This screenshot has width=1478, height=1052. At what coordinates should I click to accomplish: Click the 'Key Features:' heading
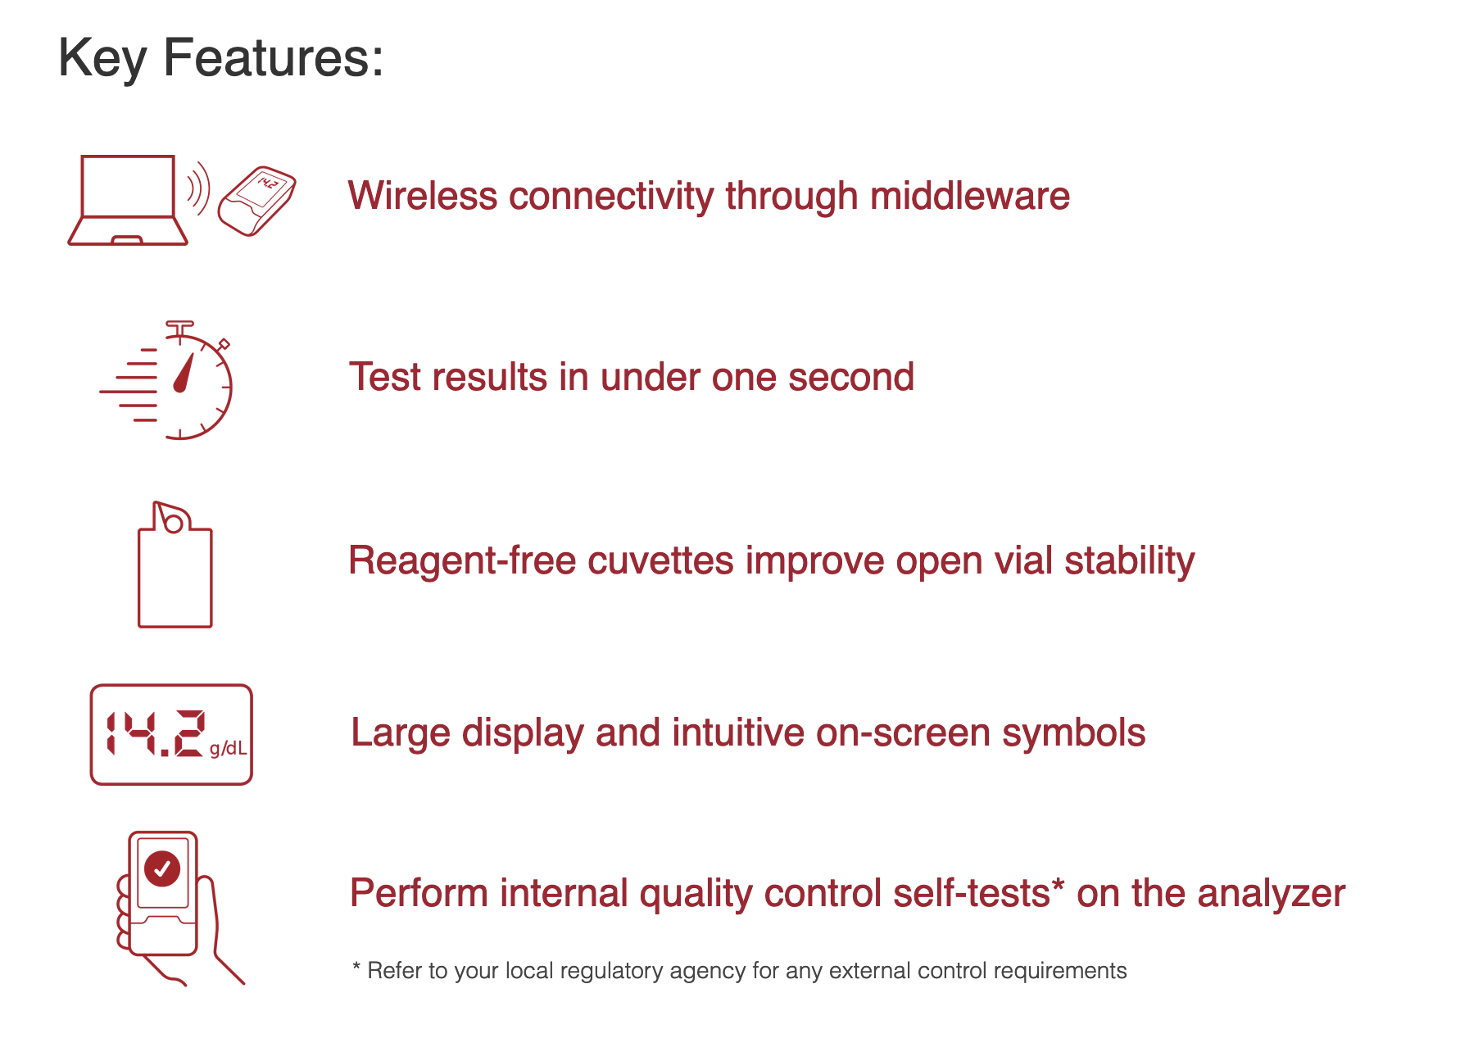(x=221, y=59)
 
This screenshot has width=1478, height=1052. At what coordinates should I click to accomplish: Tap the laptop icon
(x=128, y=200)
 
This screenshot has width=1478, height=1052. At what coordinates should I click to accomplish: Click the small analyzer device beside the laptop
(x=256, y=202)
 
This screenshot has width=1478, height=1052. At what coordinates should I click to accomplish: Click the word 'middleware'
(x=970, y=196)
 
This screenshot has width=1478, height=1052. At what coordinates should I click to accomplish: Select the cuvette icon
(x=175, y=565)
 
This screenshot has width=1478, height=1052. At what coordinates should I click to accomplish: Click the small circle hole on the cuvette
(x=174, y=523)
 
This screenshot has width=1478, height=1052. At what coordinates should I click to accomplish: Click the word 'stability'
(x=1130, y=561)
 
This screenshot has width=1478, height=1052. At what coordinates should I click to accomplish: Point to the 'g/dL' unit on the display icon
(x=228, y=748)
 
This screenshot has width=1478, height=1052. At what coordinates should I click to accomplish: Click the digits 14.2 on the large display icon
(x=155, y=733)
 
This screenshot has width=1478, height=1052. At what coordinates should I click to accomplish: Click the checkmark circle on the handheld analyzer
(x=162, y=868)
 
